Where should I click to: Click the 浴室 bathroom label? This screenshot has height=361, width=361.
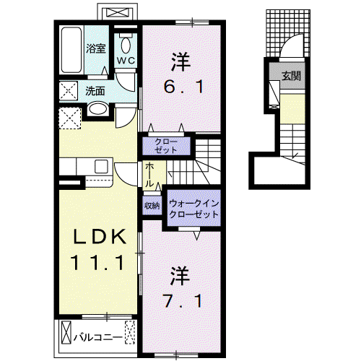coord(96,48)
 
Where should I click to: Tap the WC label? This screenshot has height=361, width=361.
coord(126,61)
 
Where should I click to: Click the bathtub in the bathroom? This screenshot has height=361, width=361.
coord(71,50)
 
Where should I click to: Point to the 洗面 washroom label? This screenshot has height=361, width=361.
coord(95,91)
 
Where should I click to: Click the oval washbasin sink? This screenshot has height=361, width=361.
coord(98,109)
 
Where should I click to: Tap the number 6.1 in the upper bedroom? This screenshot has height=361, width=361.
coord(183,87)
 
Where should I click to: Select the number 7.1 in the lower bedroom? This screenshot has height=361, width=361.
coord(183,301)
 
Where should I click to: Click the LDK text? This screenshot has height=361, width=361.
coord(100,237)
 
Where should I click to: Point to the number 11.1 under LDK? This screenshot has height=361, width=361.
coord(97,263)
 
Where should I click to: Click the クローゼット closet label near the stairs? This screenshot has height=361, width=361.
coord(166,146)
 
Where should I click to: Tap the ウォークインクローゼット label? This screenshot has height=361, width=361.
coord(193,209)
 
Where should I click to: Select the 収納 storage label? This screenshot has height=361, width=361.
coord(152,206)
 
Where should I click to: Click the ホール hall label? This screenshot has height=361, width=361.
coord(149,175)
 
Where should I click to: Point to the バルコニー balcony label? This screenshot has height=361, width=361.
coord(98,337)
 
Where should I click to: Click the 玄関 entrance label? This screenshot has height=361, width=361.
coord(292,76)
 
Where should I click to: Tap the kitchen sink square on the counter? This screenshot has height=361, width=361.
coord(101,166)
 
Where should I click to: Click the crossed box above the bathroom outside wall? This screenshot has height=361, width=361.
coord(117,12)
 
